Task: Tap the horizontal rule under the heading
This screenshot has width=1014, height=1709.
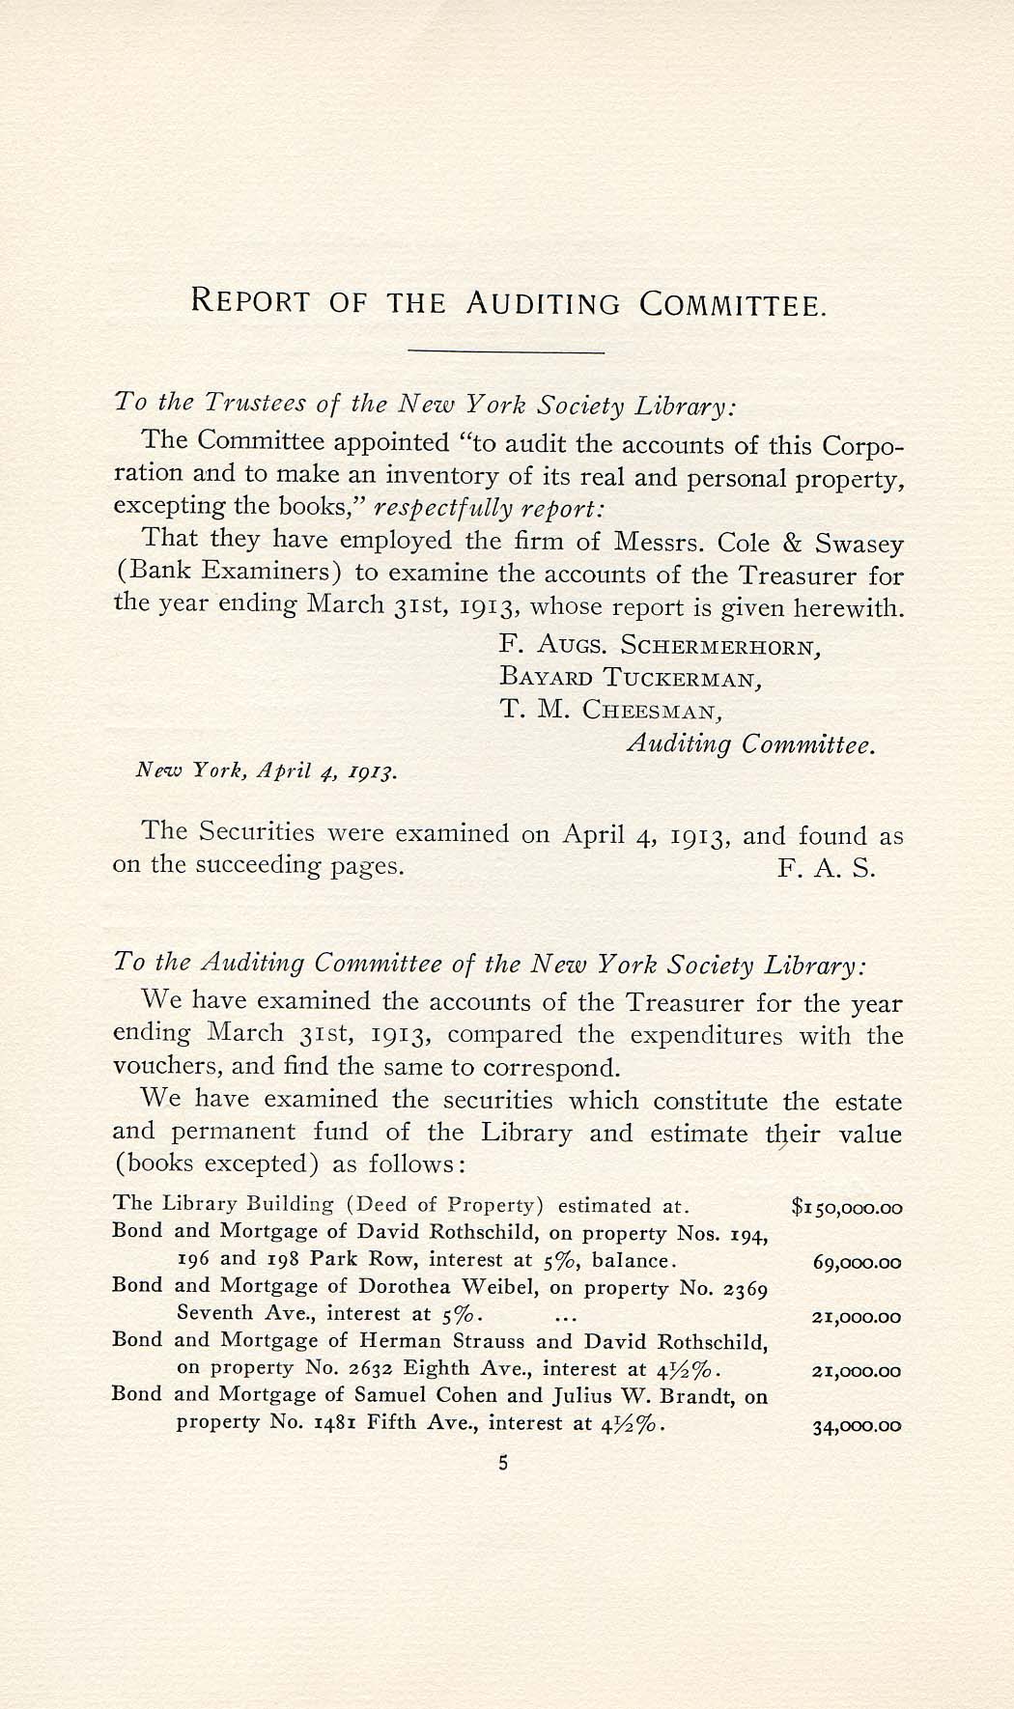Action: (507, 351)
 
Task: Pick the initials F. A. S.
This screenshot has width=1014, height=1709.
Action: (827, 867)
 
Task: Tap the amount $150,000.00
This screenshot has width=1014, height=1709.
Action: (846, 1207)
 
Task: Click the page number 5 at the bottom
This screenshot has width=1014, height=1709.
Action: (503, 1463)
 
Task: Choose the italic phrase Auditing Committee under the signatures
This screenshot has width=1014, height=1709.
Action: (751, 744)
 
